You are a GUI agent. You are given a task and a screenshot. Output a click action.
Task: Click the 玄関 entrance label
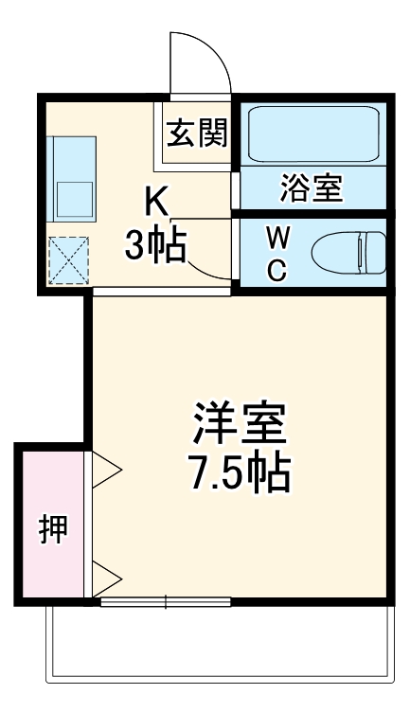(x=197, y=133)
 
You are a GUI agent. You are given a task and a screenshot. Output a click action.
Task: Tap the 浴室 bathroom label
(x=311, y=187)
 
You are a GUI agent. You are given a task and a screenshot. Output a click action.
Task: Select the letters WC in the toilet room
(x=276, y=251)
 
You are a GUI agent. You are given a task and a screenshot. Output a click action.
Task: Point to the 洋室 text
(x=240, y=426)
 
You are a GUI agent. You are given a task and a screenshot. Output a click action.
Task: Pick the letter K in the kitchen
(x=156, y=202)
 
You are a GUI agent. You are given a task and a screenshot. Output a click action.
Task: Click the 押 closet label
(x=53, y=528)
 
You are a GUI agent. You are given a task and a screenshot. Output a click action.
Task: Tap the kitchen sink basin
(x=73, y=197)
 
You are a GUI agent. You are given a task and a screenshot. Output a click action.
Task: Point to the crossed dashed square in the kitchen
(x=68, y=258)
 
